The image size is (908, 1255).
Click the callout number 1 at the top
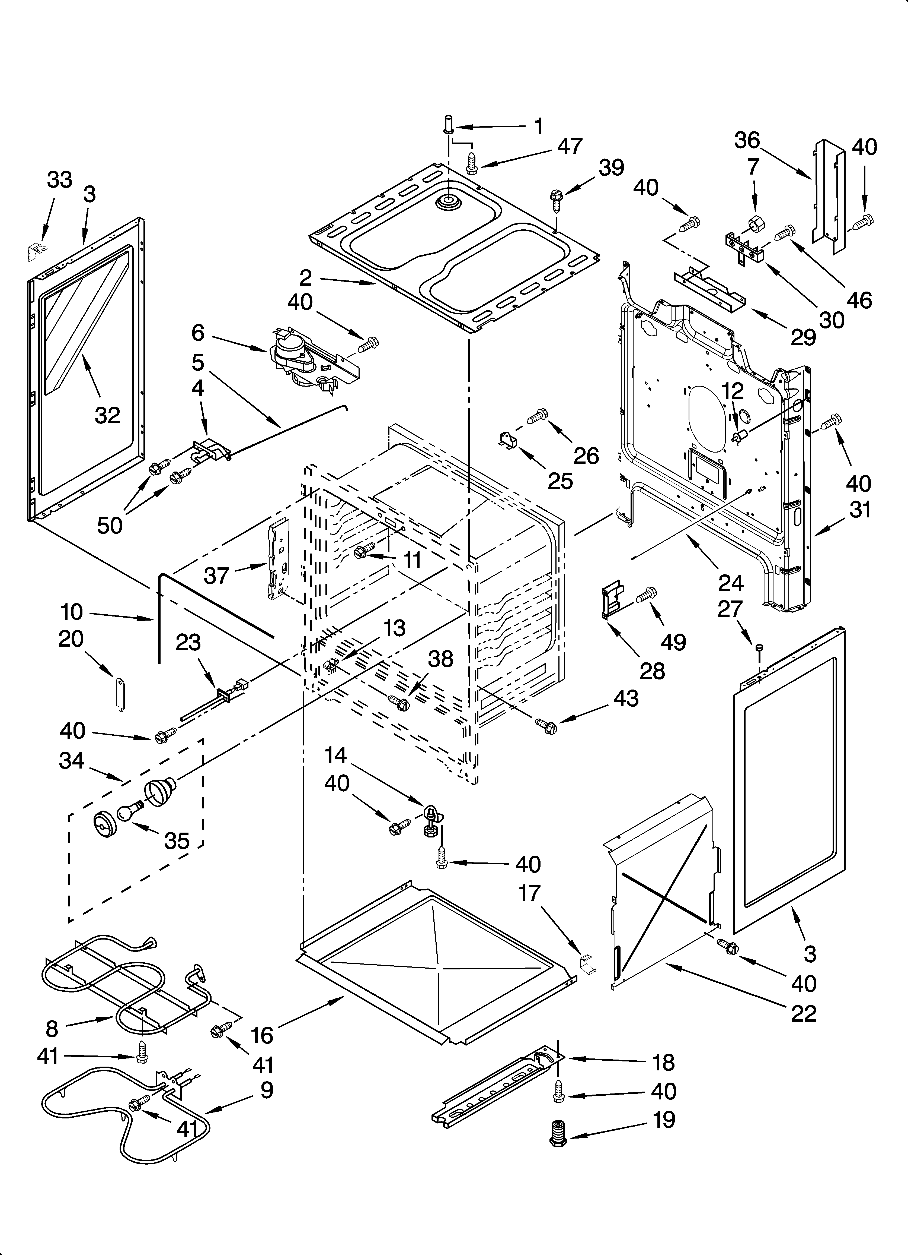pyautogui.click(x=538, y=127)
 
